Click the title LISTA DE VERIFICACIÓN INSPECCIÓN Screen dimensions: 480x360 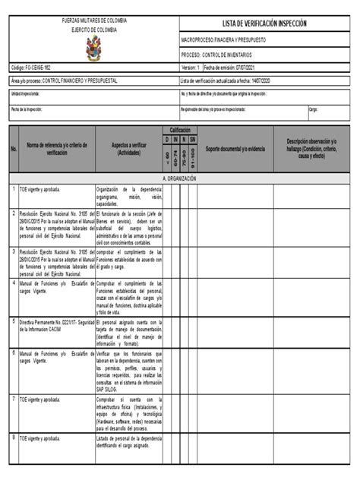[265, 24]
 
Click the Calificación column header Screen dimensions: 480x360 [179, 130]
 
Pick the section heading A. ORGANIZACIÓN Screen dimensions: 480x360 [179, 178]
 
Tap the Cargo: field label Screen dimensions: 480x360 [313, 109]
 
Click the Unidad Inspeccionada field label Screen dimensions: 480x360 [26, 93]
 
